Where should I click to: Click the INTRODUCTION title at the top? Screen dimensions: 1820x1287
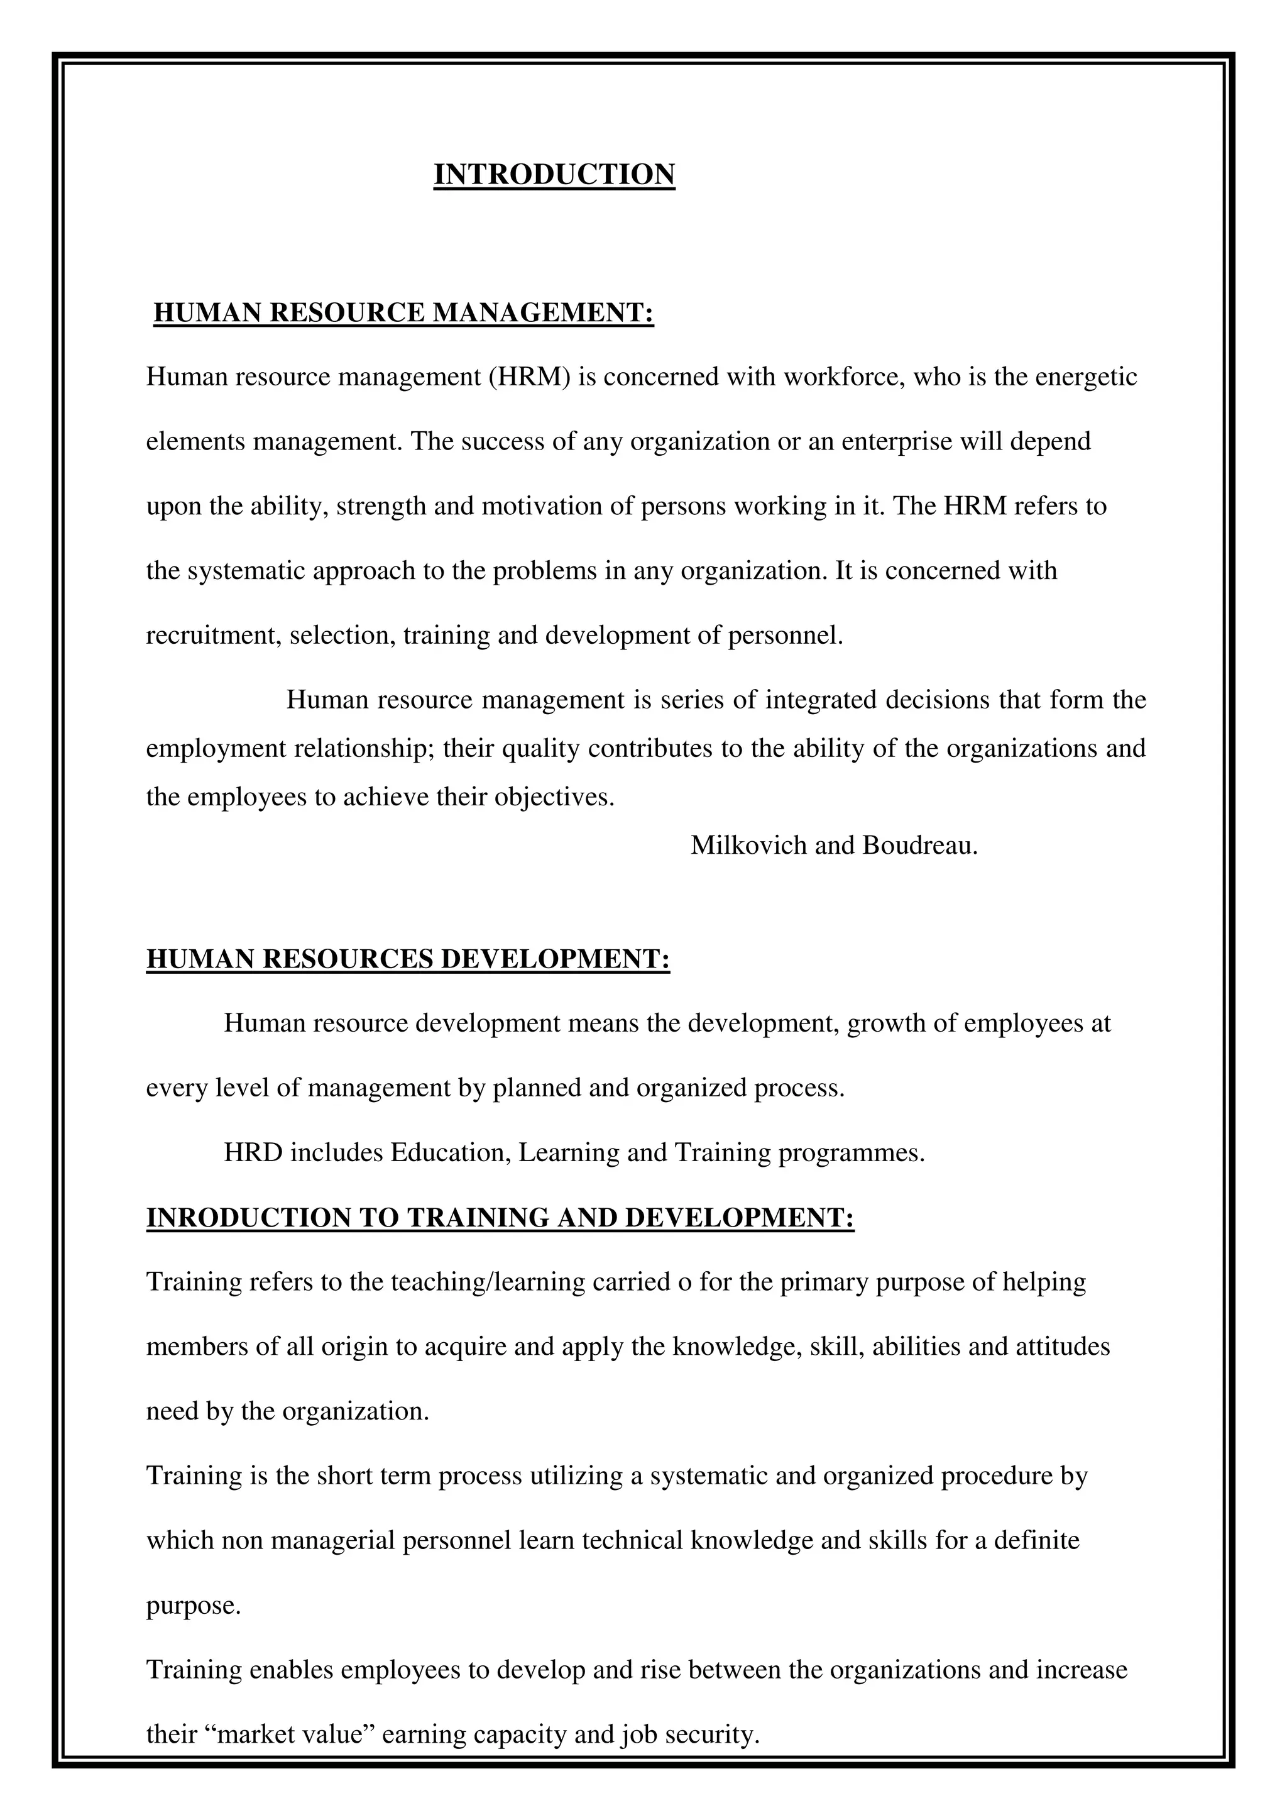click(554, 174)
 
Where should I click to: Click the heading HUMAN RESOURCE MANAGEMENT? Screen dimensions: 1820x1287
click(403, 313)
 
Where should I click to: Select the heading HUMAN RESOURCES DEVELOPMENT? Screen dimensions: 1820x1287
click(408, 959)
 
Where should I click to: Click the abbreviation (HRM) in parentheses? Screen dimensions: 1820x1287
click(529, 377)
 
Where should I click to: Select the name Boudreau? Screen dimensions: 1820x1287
click(920, 846)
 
